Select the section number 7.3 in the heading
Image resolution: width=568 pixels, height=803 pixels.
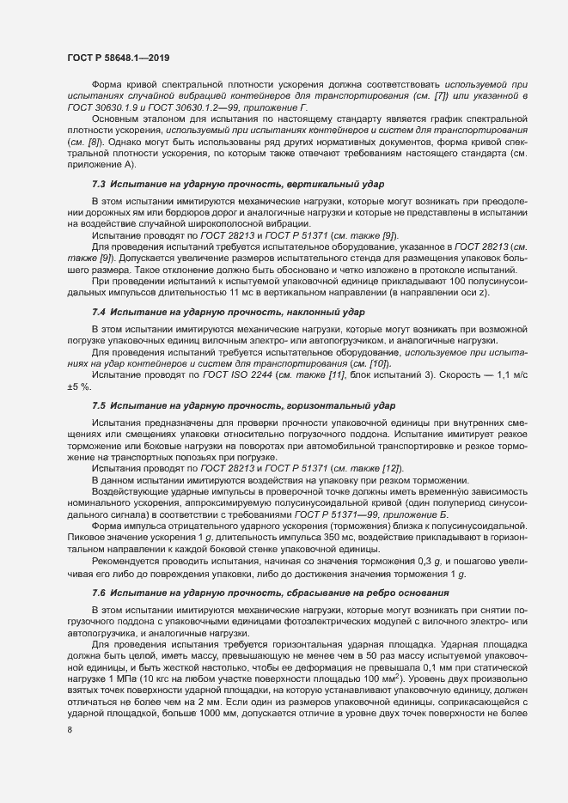click(99, 184)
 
